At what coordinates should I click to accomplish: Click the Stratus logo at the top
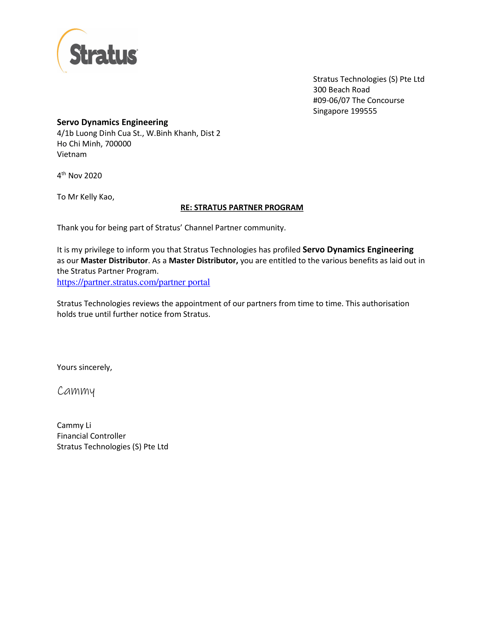pyautogui.click(x=97, y=51)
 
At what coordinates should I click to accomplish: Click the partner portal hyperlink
pyautogui.click(x=133, y=282)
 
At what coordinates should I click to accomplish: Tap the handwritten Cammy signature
pyautogui.click(x=76, y=391)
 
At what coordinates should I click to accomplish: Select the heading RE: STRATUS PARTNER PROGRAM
pyautogui.click(x=242, y=207)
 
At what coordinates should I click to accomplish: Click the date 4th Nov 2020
pyautogui.click(x=79, y=175)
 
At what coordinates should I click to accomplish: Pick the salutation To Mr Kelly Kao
pyautogui.click(x=85, y=197)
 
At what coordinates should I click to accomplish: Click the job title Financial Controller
pyautogui.click(x=91, y=436)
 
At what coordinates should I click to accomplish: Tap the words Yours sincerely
pyautogui.click(x=84, y=367)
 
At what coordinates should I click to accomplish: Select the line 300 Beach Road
pyautogui.click(x=341, y=90)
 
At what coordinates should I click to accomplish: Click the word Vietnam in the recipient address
pyautogui.click(x=72, y=155)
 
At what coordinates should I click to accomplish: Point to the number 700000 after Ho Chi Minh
pyautogui.click(x=118, y=144)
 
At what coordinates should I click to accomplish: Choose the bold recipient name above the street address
pyautogui.click(x=112, y=122)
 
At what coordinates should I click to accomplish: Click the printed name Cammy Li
pyautogui.click(x=74, y=425)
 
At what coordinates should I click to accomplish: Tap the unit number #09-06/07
pyautogui.click(x=331, y=101)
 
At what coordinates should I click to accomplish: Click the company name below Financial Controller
pyautogui.click(x=112, y=446)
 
